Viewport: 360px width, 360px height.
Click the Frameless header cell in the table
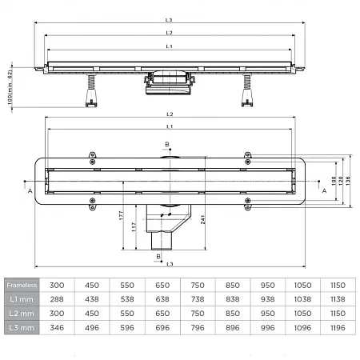(x=22, y=285)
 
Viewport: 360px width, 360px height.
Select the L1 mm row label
(x=22, y=299)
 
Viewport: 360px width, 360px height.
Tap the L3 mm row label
(x=22, y=327)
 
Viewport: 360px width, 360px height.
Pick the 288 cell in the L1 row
(x=57, y=299)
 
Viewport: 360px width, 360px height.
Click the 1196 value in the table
(x=338, y=327)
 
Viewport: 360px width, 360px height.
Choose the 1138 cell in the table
(x=338, y=299)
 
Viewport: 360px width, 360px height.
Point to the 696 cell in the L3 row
(x=162, y=327)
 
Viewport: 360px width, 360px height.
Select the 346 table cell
(x=57, y=327)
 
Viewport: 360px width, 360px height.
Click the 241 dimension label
(x=203, y=219)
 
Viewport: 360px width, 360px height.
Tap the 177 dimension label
(x=122, y=215)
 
